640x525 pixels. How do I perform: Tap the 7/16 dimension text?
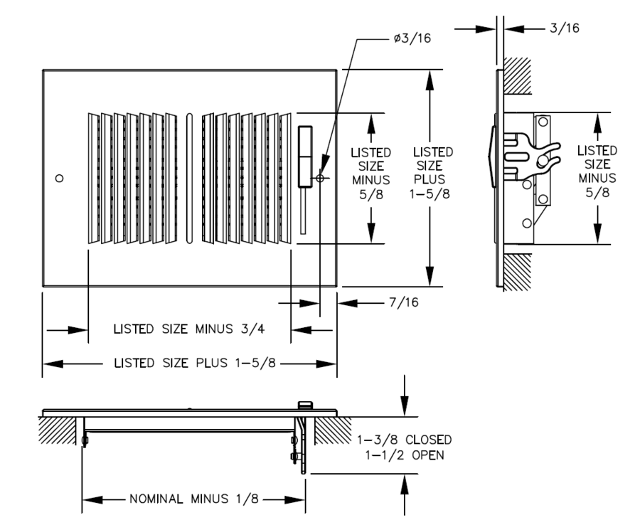[404, 302]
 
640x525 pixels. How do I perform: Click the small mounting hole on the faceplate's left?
[60, 178]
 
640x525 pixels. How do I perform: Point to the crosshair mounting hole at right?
[320, 179]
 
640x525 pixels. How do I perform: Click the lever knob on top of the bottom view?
[304, 404]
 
